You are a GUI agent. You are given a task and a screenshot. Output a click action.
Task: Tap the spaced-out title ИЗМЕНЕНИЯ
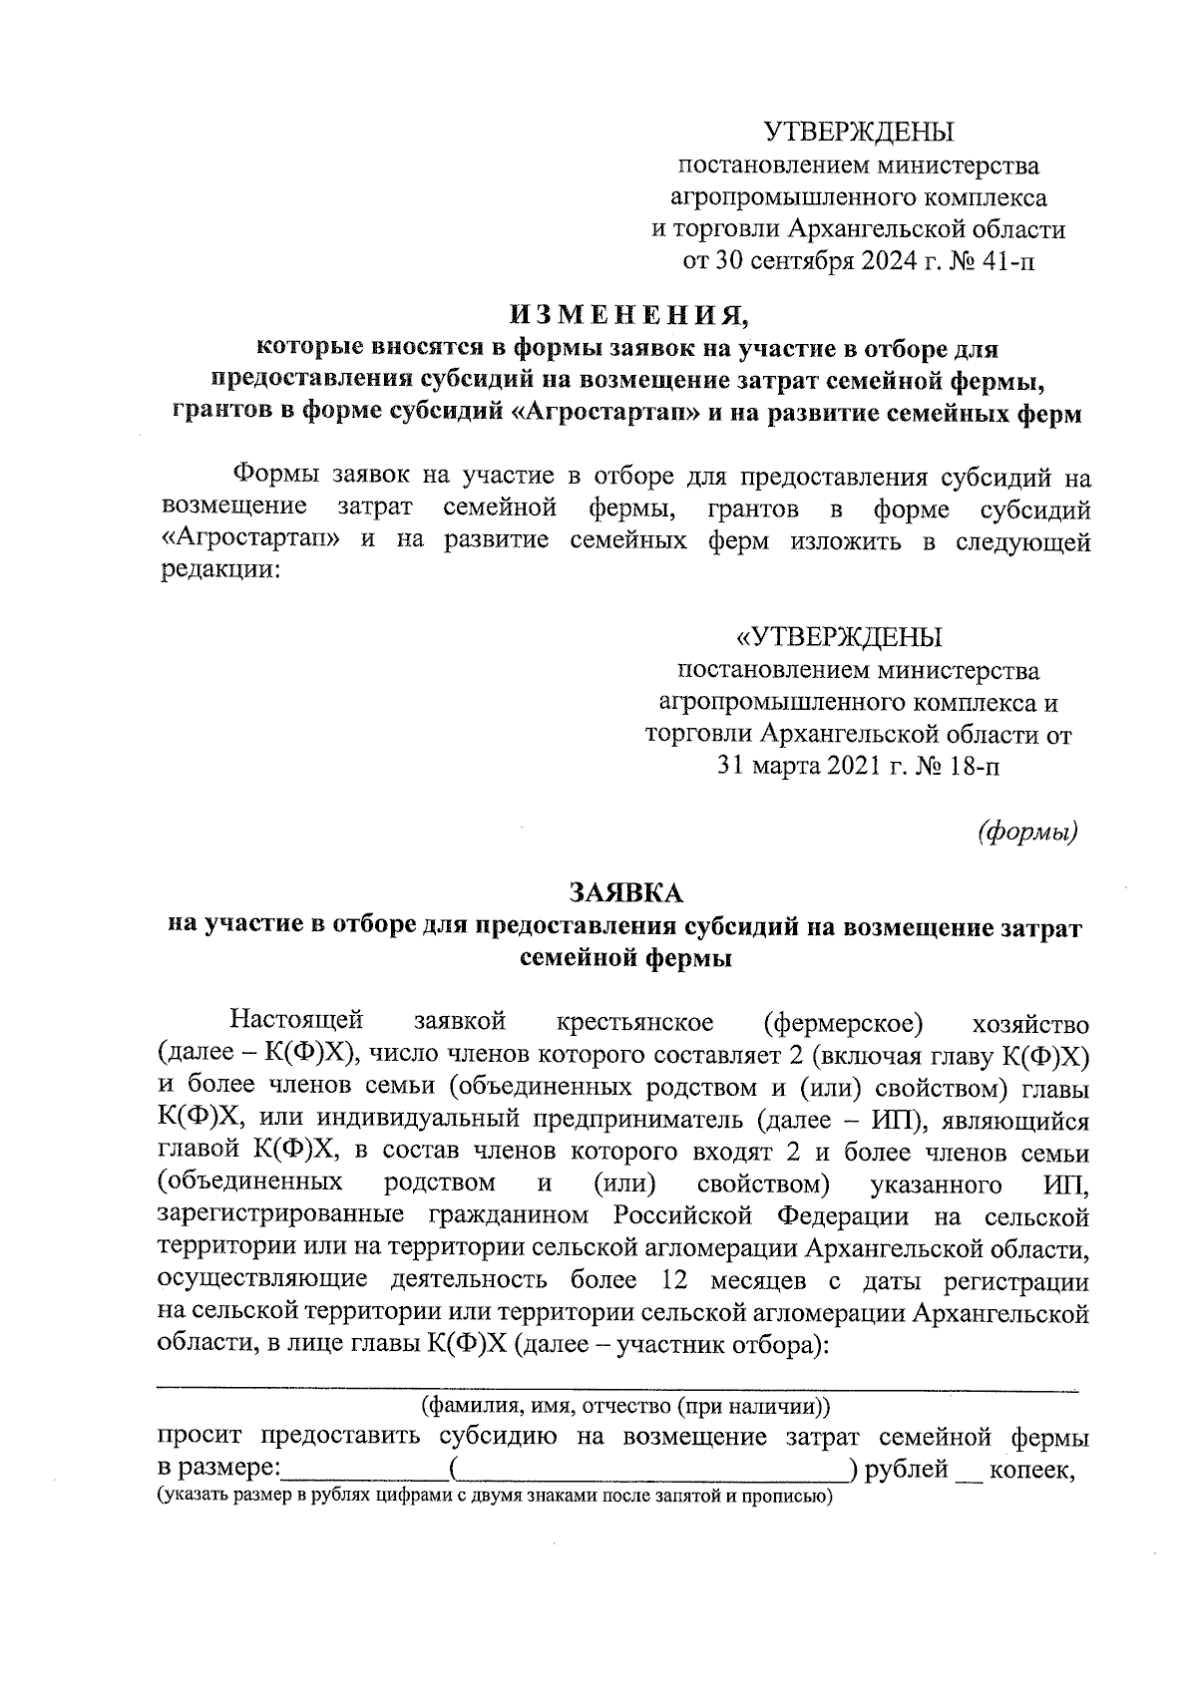[628, 316]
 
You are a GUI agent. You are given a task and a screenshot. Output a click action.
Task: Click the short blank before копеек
[968, 1472]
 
